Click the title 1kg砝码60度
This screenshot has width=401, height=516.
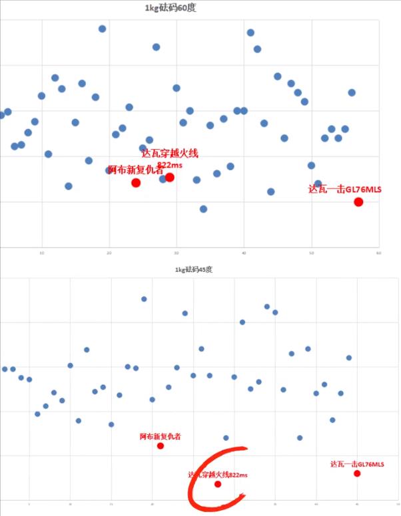175,8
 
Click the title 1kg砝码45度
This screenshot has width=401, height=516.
194,269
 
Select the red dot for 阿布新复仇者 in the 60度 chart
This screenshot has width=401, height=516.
136,182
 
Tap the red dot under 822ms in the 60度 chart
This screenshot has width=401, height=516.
170,177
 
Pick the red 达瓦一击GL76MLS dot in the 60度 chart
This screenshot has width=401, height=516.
358,201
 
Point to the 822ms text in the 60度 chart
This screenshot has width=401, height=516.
169,164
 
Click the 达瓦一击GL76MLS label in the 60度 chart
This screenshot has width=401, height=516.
345,190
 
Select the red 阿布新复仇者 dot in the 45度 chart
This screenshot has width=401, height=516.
161,446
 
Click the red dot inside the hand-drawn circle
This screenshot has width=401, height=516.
218,484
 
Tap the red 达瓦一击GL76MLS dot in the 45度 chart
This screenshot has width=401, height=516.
357,473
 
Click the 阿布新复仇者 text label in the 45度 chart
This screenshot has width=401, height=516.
161,436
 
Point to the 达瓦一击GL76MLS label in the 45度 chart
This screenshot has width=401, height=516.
357,463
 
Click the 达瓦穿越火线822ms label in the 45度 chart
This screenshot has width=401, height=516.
218,475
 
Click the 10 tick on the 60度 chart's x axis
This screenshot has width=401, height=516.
41,253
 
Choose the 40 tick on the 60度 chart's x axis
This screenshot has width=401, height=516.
244,253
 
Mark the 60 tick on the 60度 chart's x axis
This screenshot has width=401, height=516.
378,253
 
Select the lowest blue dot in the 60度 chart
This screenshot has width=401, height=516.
203,209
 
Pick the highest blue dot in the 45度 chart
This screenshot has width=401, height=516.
144,299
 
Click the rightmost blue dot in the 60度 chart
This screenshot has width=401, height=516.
352,92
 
